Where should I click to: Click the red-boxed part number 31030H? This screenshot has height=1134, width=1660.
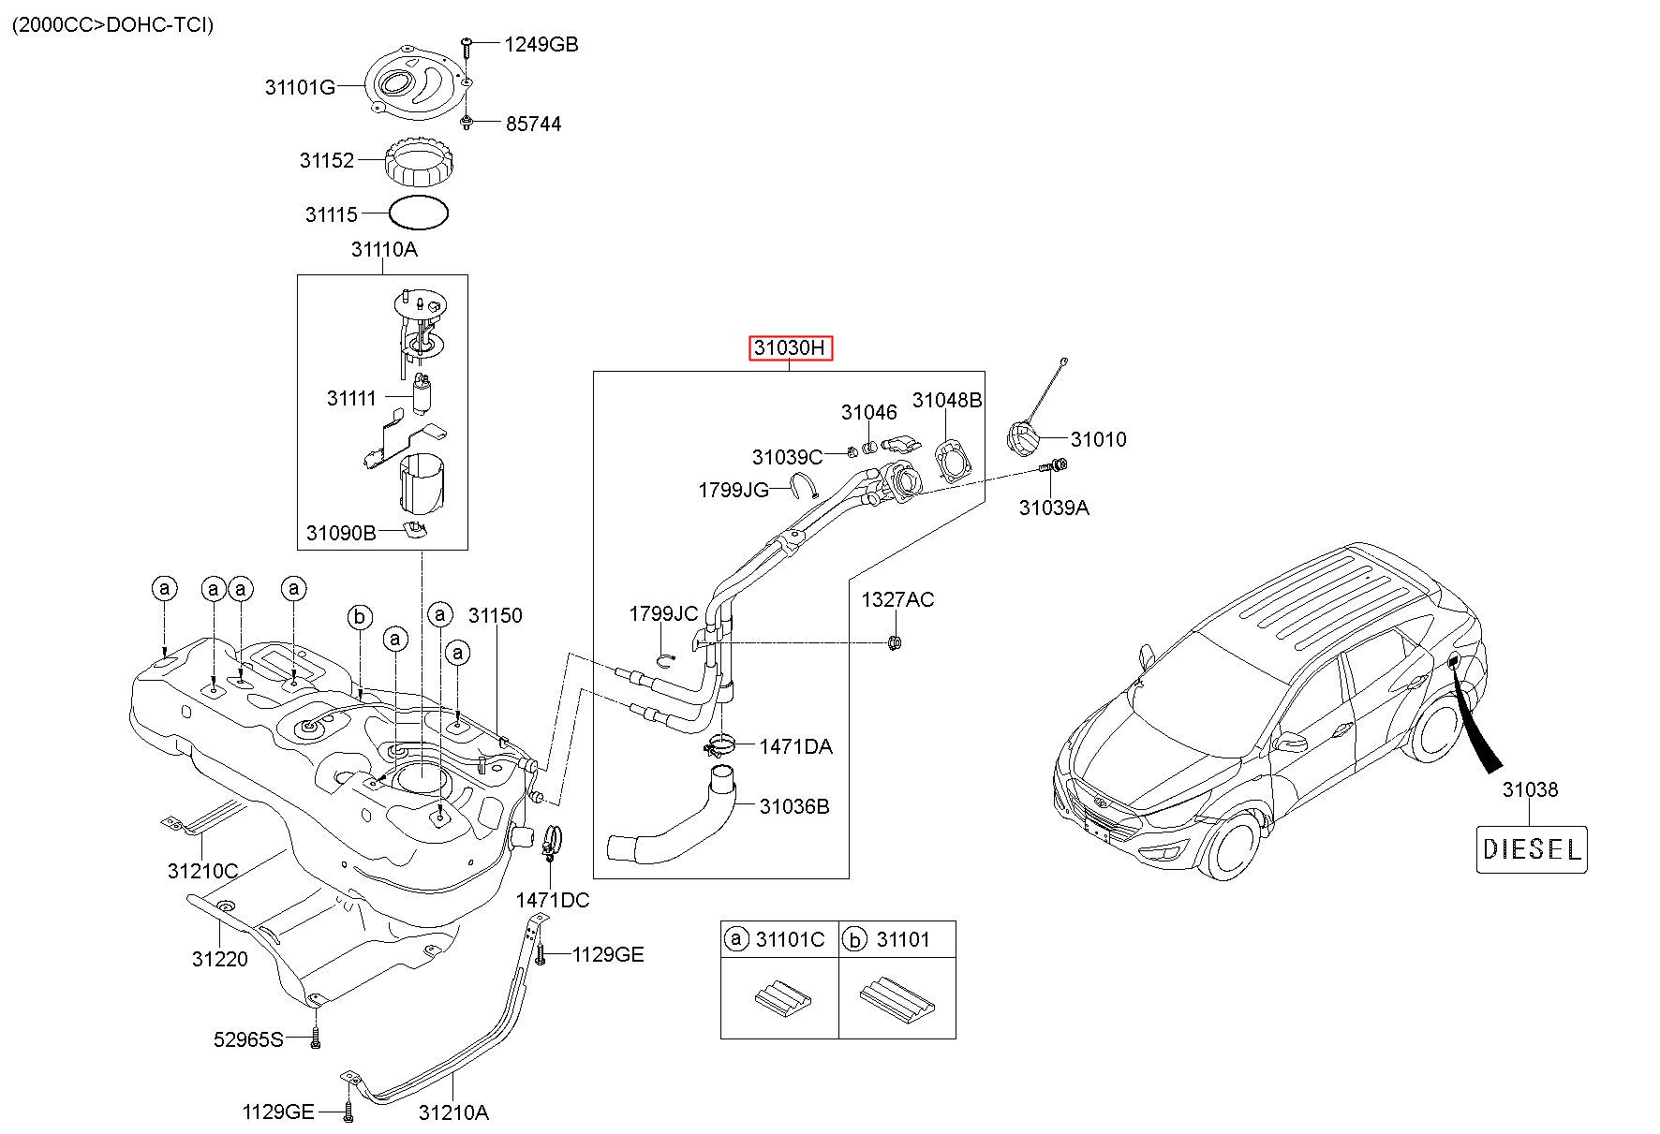791,348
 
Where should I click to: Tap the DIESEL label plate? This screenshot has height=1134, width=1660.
1532,849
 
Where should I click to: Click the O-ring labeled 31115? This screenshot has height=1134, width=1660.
418,214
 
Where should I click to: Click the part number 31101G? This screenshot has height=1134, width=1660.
300,88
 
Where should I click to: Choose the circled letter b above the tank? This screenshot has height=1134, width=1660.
360,617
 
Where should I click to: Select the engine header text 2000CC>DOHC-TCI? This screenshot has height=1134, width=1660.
112,24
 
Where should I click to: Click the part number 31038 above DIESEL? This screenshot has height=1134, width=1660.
1531,789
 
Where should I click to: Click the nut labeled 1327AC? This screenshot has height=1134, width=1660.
894,642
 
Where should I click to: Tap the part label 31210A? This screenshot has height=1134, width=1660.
453,1112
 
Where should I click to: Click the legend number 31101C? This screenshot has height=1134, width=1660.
790,939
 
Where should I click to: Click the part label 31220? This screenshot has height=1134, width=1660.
220,959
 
